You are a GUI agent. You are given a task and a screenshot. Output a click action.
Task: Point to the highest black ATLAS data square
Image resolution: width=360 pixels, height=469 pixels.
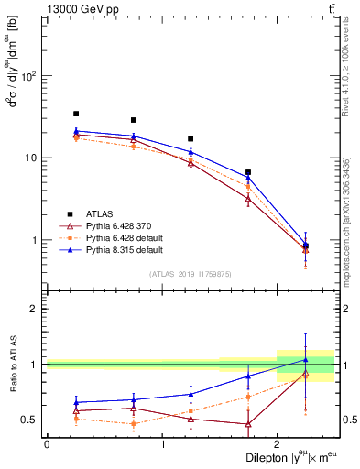tap(76, 115)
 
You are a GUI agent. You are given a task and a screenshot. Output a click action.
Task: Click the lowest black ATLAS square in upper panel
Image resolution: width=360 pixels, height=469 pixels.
tap(306, 245)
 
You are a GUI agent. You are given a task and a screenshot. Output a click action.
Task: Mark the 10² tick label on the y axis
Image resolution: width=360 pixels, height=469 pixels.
tap(29, 76)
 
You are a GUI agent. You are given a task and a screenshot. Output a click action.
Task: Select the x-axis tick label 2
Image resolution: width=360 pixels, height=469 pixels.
tap(278, 444)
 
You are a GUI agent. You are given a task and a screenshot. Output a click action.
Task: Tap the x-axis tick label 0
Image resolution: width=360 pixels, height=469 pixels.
tap(47, 444)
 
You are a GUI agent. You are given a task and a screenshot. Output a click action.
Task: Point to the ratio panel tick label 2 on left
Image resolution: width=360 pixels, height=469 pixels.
tap(36, 309)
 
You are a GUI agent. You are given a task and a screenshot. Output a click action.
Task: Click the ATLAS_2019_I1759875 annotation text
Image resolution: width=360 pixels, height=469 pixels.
tap(191, 274)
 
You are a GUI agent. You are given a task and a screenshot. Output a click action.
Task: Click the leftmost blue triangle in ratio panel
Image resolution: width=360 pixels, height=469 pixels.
tap(76, 402)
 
